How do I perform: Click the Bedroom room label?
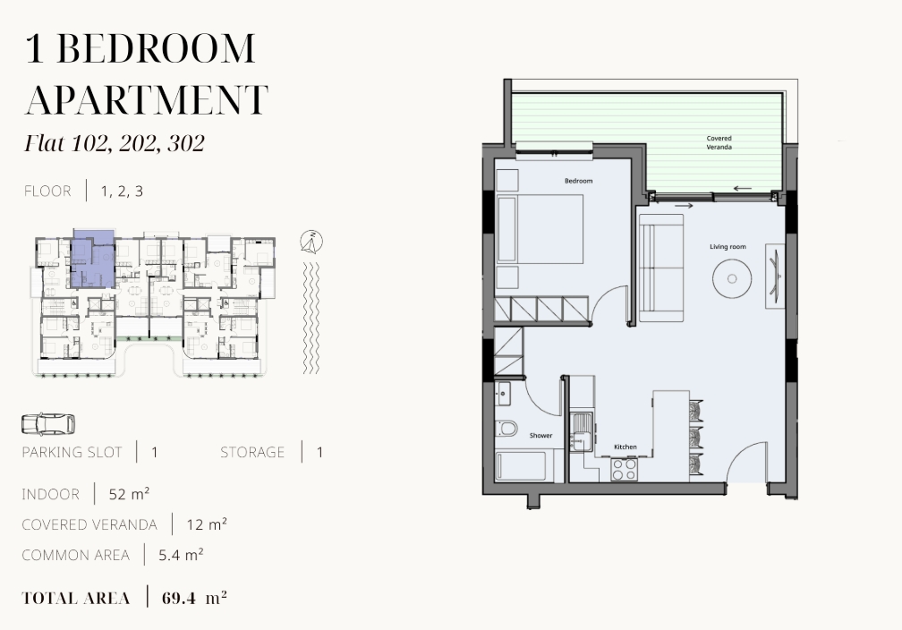(x=578, y=181)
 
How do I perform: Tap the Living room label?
(x=728, y=247)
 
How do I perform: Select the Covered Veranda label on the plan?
(x=719, y=142)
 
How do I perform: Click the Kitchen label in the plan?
(x=625, y=447)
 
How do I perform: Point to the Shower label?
(x=540, y=436)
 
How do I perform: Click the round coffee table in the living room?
(x=732, y=278)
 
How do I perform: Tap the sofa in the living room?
(x=661, y=268)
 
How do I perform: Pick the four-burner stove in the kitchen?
(x=624, y=469)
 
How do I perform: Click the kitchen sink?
(x=581, y=431)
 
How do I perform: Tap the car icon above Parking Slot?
(x=48, y=424)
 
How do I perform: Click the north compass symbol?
(x=311, y=242)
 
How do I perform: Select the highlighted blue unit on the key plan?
(x=91, y=259)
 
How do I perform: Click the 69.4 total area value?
(x=178, y=598)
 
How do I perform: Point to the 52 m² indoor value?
(x=130, y=494)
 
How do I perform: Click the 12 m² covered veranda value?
(x=207, y=524)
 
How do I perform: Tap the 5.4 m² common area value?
(x=181, y=555)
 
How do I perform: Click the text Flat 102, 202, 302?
(x=115, y=143)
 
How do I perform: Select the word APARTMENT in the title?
(x=147, y=99)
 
